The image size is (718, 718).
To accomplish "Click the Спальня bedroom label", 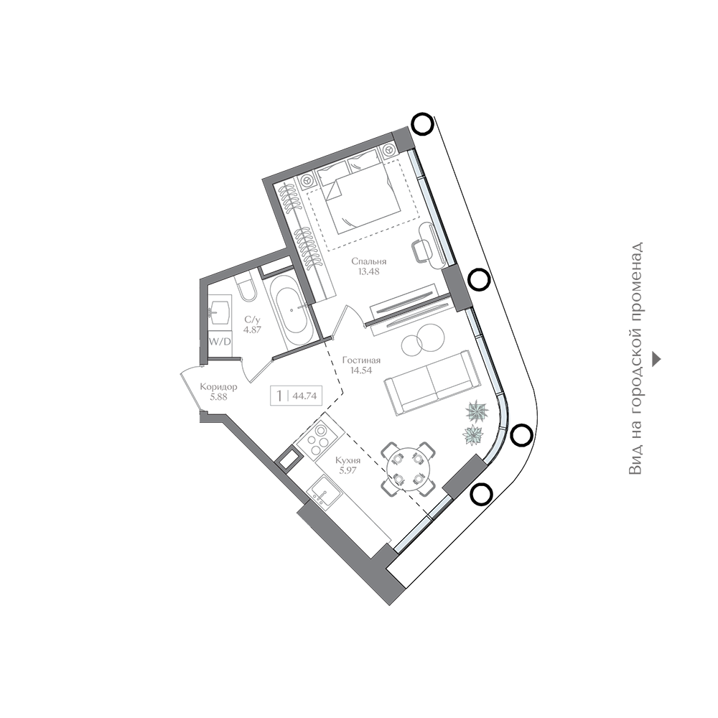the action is pos(368,261).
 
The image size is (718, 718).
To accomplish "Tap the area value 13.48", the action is pos(368,271).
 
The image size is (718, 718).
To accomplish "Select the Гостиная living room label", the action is pos(361,360).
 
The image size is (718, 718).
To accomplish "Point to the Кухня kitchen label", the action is pos(348,460).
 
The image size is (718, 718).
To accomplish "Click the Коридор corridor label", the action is pos(218,387).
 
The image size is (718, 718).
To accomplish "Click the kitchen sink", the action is pos(325,492).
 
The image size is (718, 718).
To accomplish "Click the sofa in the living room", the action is pos(430,383).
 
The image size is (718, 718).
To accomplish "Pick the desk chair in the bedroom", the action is pos(423,251).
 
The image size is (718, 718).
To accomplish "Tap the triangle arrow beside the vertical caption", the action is pos(656,359).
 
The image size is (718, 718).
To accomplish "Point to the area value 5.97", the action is pos(348,470).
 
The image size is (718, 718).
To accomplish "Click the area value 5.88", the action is pos(218,397).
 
